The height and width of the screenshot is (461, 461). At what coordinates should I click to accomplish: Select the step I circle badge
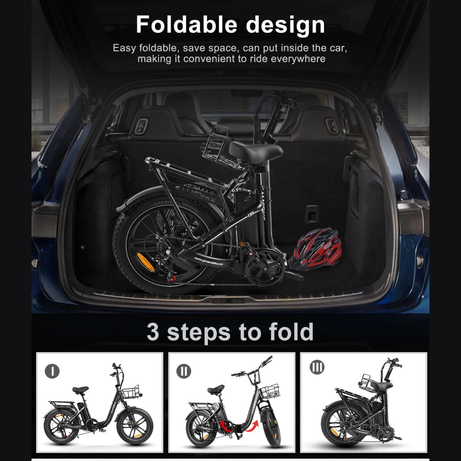click(52, 371)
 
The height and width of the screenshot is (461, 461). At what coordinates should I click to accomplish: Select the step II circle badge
click(184, 371)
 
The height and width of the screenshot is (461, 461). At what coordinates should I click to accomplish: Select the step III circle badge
click(317, 367)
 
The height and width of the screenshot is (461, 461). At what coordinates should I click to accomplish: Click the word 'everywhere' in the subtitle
click(298, 59)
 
